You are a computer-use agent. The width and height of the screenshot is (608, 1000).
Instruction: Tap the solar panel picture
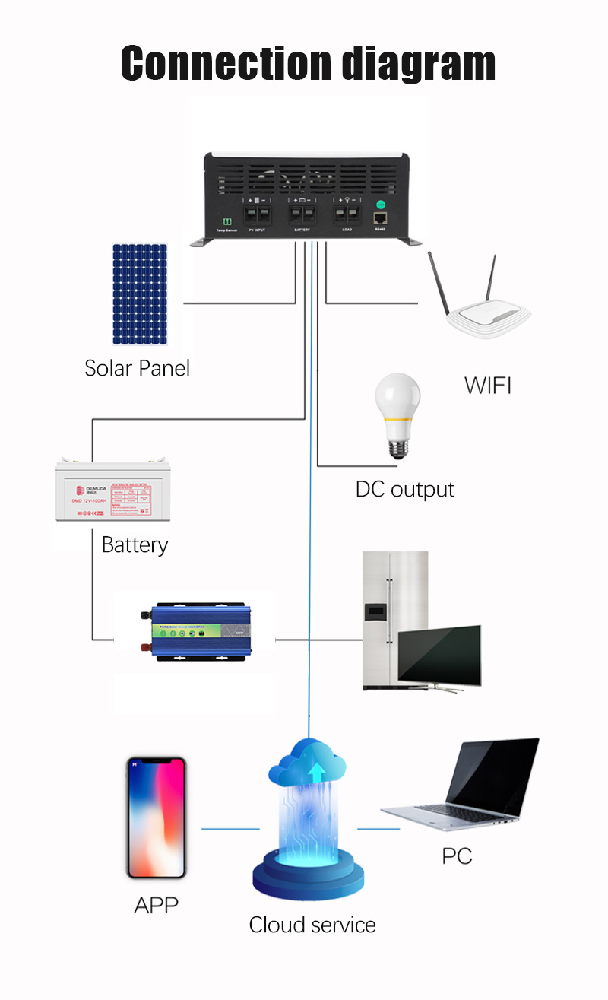pos(140,294)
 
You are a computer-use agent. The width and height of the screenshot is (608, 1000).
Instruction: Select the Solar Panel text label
pos(137,369)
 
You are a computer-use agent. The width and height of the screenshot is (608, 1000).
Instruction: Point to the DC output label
pos(405,489)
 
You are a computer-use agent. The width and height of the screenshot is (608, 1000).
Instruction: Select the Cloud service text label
pos(312,925)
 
